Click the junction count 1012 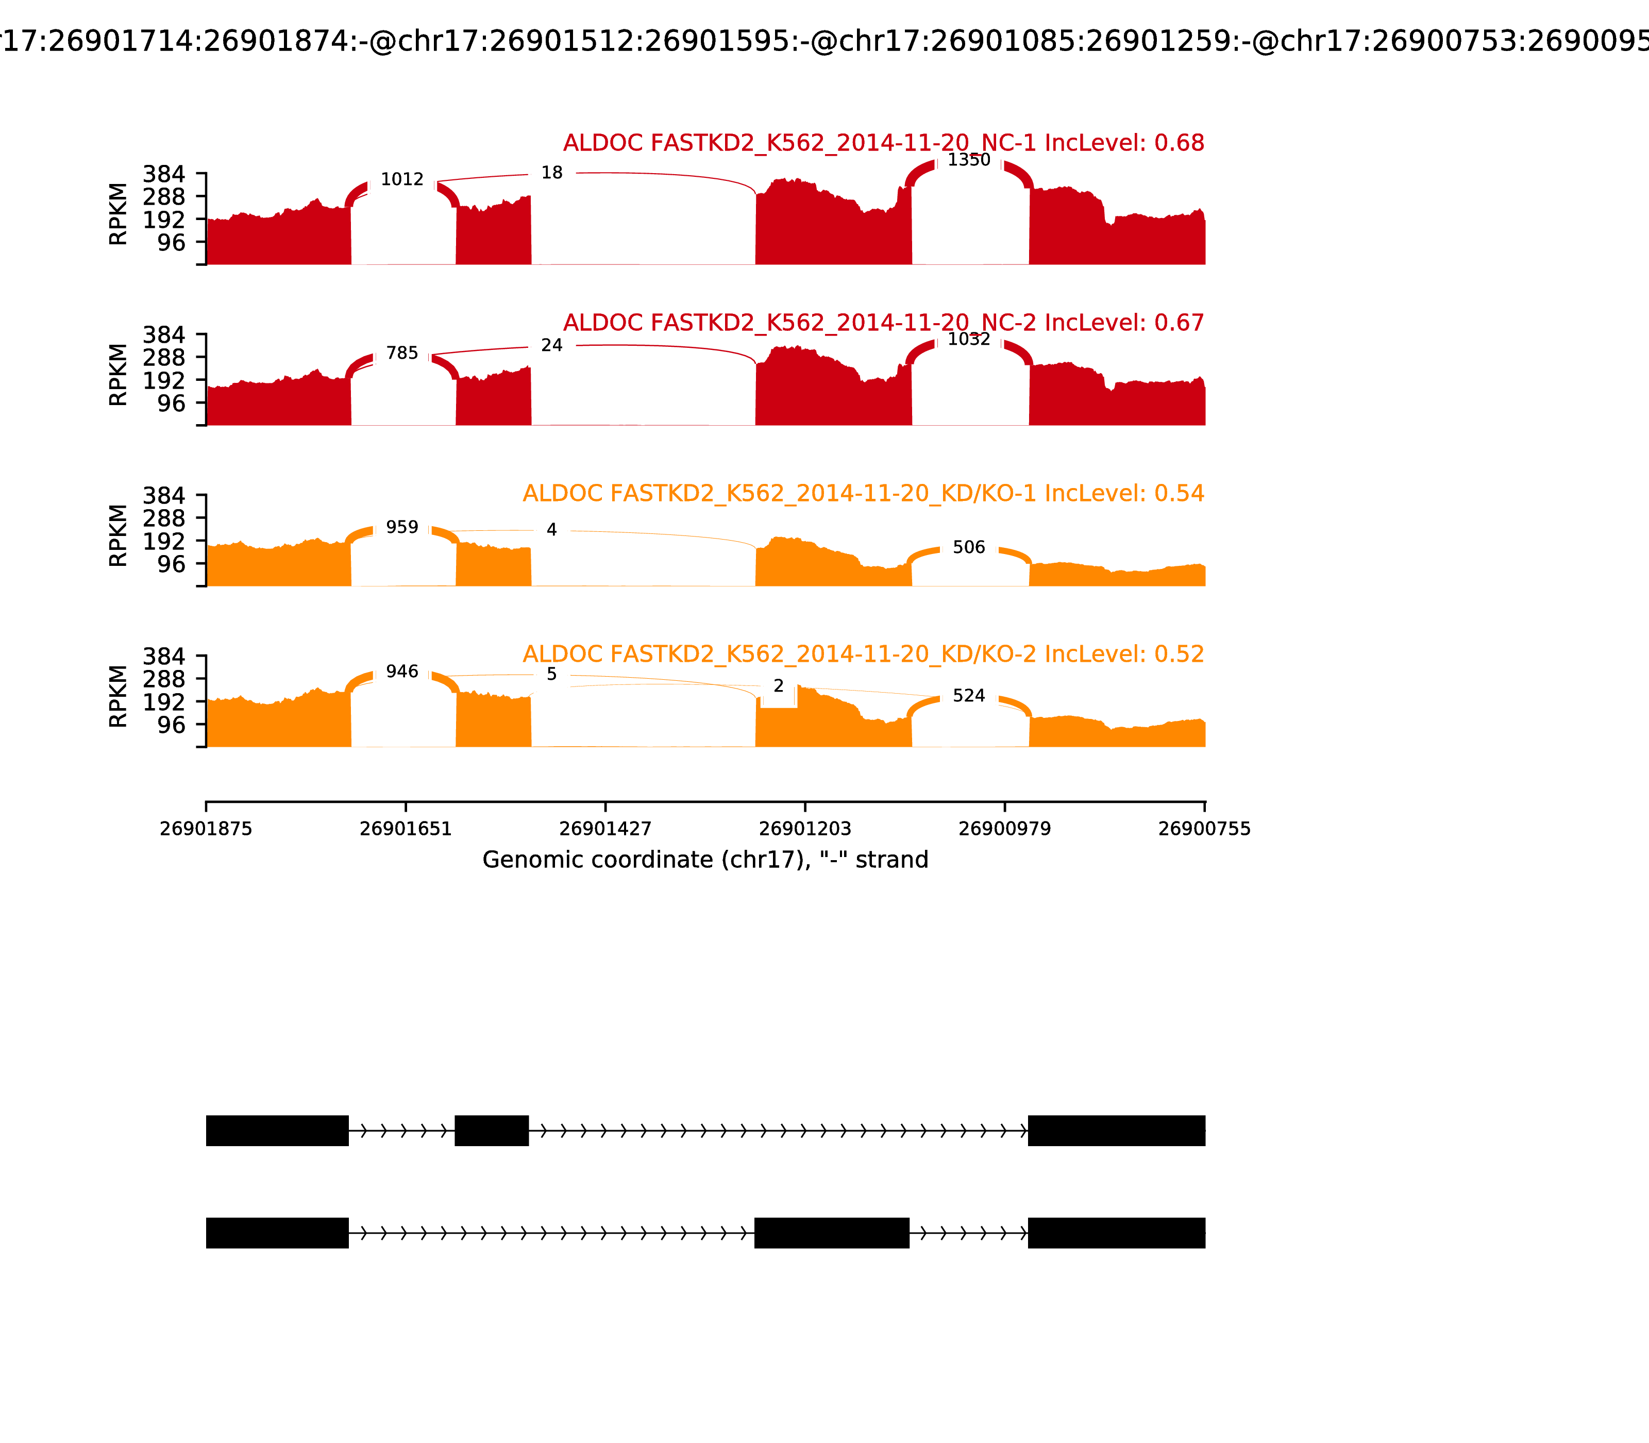point(402,179)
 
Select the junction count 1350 point(969,160)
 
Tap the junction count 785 point(402,354)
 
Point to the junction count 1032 point(969,340)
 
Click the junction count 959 point(402,527)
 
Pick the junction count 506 point(969,547)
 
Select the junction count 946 point(402,672)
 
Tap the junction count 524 point(969,696)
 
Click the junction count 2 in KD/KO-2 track point(778,686)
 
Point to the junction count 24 point(551,345)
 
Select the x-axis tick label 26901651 point(406,829)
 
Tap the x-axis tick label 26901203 point(805,829)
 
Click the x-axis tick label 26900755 point(1204,829)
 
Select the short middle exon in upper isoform point(491,1131)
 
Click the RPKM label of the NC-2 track point(117,375)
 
